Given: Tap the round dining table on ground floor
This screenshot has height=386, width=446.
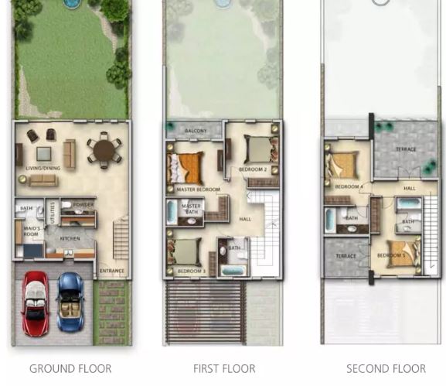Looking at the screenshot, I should click(103, 149).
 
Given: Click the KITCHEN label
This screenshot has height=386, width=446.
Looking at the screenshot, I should click(70, 239).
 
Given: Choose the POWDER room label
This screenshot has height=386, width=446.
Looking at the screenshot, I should click(84, 205).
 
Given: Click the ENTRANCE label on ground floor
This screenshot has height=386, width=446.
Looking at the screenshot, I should click(112, 271).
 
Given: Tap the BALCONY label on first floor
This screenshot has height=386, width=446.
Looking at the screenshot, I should click(196, 132).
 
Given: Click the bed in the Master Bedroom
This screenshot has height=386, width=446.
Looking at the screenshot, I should click(186, 166).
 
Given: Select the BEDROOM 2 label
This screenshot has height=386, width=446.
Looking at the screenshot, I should click(252, 169).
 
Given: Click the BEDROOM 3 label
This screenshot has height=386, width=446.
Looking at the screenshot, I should click(191, 272).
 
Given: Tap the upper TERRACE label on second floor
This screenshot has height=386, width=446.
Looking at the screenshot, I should click(406, 149).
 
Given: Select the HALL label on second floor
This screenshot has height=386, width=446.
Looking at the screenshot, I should click(409, 188).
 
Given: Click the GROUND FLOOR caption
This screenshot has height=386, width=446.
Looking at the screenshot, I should click(70, 369).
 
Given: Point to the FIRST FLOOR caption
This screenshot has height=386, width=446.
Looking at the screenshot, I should click(224, 369).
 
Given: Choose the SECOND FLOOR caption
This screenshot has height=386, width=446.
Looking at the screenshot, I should click(386, 369).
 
